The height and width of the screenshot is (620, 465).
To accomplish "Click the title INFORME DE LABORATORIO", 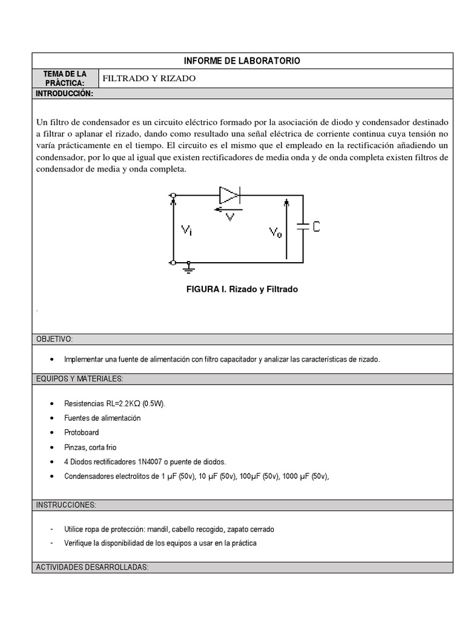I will tap(242, 61).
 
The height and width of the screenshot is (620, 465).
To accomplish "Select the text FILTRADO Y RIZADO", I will tap(149, 78).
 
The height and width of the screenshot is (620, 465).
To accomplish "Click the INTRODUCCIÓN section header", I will tap(64, 94).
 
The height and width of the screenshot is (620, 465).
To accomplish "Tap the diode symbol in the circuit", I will tap(231, 194).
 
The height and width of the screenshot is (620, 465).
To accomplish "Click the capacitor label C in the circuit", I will tap(316, 226).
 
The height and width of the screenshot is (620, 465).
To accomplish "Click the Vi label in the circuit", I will tap(187, 230).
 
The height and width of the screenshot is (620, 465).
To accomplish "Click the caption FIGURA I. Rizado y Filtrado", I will tap(242, 289).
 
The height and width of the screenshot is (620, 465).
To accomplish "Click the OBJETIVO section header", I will tap(55, 339).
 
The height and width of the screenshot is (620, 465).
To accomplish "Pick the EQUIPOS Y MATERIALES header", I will tap(79, 379).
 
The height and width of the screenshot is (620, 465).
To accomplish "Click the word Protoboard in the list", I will tap(82, 432).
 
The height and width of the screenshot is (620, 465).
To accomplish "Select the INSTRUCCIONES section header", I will tap(67, 505).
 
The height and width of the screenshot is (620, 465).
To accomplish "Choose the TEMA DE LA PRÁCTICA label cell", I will tap(64, 78).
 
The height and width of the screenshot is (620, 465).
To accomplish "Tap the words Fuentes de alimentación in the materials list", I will tap(102, 418).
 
